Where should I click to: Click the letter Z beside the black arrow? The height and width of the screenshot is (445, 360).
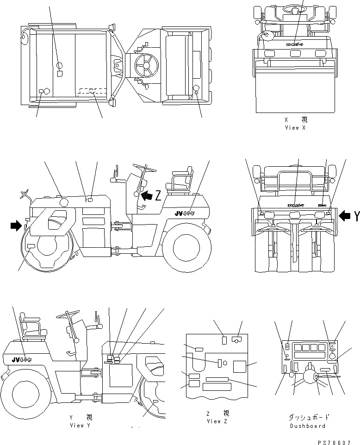158,195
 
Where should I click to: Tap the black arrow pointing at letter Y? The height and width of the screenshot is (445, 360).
345,215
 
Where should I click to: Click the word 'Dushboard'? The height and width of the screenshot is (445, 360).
307,426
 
